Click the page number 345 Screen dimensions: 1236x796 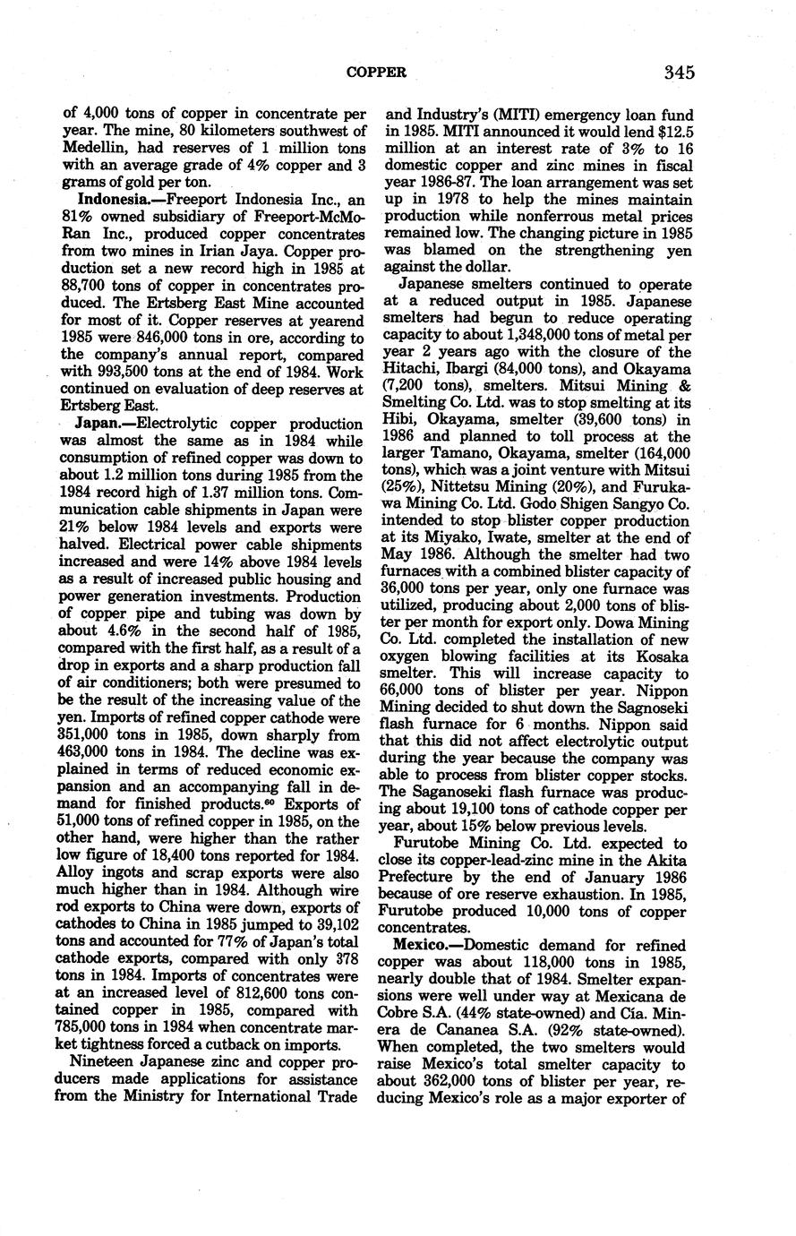[680, 72]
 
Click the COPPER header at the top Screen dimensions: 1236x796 [376, 72]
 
